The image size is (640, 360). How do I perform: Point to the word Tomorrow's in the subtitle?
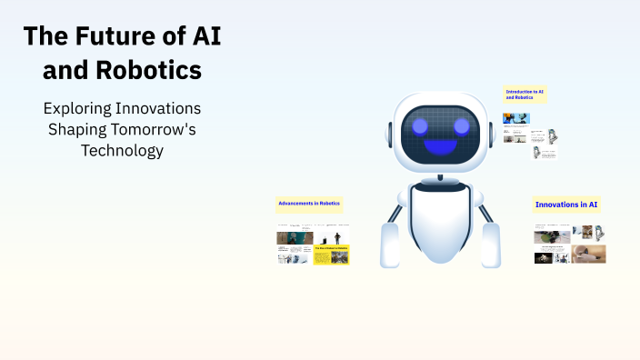[150, 129]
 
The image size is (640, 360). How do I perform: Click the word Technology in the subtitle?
[123, 151]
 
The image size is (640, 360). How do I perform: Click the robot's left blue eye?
[421, 125]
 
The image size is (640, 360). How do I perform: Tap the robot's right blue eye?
[461, 125]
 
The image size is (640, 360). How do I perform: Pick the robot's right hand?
[491, 246]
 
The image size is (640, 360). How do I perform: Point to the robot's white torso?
[441, 223]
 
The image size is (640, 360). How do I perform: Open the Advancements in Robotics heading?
[309, 203]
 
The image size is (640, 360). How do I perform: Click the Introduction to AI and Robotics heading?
[525, 94]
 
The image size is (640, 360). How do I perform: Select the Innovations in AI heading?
[567, 205]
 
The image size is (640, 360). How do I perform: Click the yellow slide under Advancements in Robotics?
[331, 255]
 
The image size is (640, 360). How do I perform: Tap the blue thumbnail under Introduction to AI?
[516, 118]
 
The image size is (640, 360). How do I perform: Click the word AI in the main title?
[201, 37]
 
